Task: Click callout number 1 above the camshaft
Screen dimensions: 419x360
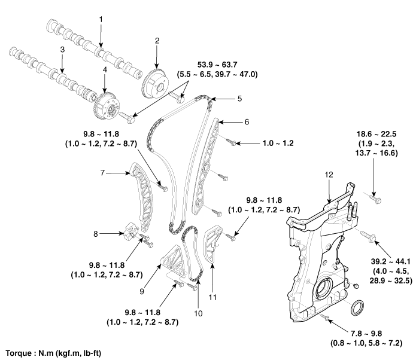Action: pos(101,20)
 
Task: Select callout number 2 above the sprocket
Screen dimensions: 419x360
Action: pos(157,41)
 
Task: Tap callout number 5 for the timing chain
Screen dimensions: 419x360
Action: pos(239,99)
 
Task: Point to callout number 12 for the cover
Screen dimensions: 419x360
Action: pos(329,175)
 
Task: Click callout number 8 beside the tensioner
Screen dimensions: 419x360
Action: pos(96,234)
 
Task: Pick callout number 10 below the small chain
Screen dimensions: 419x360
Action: pos(198,313)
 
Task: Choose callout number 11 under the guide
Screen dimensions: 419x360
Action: pos(212,297)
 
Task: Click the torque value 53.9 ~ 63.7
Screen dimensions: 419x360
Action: pos(217,65)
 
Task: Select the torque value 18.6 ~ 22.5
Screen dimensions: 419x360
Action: pos(377,134)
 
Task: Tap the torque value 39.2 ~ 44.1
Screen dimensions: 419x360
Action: pos(390,261)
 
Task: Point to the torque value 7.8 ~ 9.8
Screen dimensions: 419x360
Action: pos(366,334)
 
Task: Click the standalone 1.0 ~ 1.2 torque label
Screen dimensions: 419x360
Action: pos(278,144)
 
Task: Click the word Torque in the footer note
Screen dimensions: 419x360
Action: pos(19,353)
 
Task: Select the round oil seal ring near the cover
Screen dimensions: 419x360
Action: pos(357,307)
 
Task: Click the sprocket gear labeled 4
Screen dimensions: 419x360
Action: pos(107,108)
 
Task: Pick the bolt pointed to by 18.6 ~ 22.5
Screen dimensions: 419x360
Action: pos(375,199)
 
